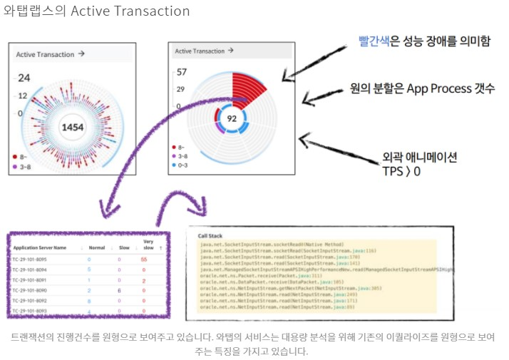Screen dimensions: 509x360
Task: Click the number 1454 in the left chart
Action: click(73, 127)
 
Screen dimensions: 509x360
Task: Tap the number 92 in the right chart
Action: click(232, 118)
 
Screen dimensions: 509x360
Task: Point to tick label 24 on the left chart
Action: click(24, 78)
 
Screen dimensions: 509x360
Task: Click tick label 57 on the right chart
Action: click(181, 72)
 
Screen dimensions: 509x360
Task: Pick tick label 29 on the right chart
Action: click(181, 89)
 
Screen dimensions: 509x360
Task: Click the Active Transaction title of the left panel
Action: click(45, 53)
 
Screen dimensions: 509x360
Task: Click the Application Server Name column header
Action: click(40, 247)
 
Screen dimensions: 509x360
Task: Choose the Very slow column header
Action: click(148, 245)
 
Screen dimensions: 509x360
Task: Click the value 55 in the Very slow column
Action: click(144, 259)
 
